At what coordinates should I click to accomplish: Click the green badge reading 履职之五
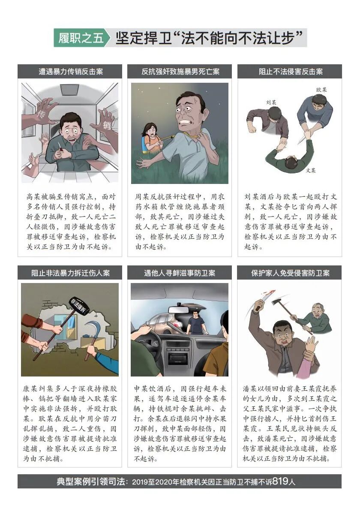click(81, 38)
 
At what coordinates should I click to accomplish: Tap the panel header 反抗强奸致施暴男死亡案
click(180, 72)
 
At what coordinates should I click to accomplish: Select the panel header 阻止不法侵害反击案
click(290, 72)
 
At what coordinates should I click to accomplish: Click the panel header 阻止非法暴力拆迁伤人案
click(70, 273)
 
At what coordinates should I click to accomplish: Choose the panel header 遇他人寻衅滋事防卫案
click(180, 273)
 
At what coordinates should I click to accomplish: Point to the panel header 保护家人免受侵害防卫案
click(290, 273)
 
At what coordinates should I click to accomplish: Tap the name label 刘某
click(270, 102)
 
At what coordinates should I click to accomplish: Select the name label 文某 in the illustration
click(311, 170)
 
